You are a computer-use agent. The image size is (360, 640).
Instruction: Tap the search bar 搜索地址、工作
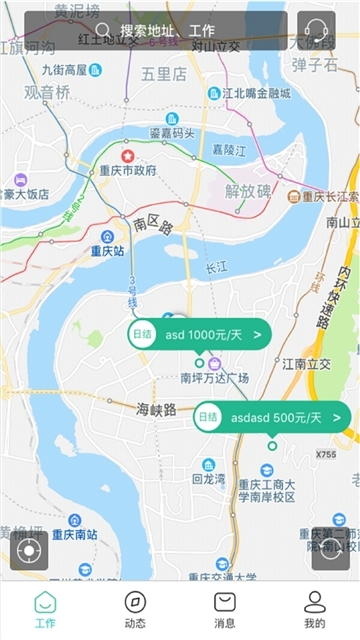[155, 31]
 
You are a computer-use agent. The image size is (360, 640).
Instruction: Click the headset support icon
[316, 31]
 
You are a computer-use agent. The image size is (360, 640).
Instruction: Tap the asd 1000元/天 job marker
[199, 334]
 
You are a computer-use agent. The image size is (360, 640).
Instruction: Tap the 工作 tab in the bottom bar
[45, 609]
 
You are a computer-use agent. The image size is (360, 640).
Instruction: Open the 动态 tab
[135, 609]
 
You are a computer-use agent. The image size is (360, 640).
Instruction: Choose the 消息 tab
[225, 609]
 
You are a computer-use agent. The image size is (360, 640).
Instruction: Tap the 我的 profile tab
[315, 609]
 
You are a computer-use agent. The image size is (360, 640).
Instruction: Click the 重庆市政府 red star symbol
[127, 155]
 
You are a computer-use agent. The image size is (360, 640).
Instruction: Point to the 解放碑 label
[248, 190]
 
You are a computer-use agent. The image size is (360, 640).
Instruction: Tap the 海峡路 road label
[156, 409]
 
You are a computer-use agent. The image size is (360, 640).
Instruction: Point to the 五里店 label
[164, 73]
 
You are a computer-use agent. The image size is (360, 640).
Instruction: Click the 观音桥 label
[47, 92]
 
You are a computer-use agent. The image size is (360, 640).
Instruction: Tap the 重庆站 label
[107, 251]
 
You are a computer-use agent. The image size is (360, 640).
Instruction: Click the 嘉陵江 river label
[228, 149]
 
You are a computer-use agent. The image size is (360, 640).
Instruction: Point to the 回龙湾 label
[209, 479]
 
